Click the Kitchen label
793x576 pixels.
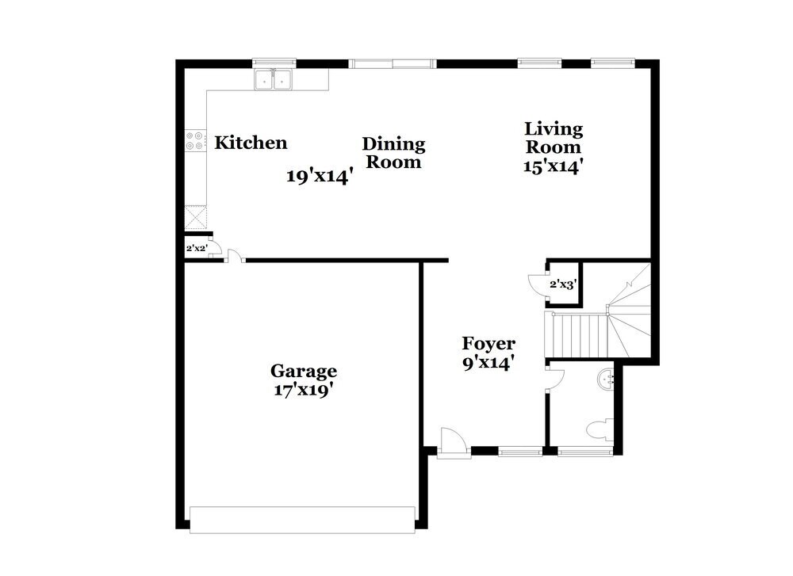click(x=251, y=143)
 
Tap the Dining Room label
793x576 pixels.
click(x=393, y=153)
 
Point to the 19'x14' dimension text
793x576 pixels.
click(x=319, y=177)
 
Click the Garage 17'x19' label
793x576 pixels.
click(x=304, y=380)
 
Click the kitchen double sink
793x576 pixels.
click(x=274, y=79)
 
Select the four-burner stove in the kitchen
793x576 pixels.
click(x=194, y=141)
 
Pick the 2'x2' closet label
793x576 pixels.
click(x=196, y=249)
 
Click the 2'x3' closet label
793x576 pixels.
click(x=563, y=284)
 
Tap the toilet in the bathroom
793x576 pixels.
click(x=599, y=430)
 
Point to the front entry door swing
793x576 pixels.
click(x=453, y=441)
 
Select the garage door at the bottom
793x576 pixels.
click(x=302, y=518)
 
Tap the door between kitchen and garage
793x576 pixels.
click(x=233, y=255)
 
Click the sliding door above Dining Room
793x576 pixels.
click(x=392, y=63)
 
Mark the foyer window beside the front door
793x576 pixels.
click(x=520, y=452)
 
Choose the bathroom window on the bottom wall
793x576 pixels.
click(x=584, y=452)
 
